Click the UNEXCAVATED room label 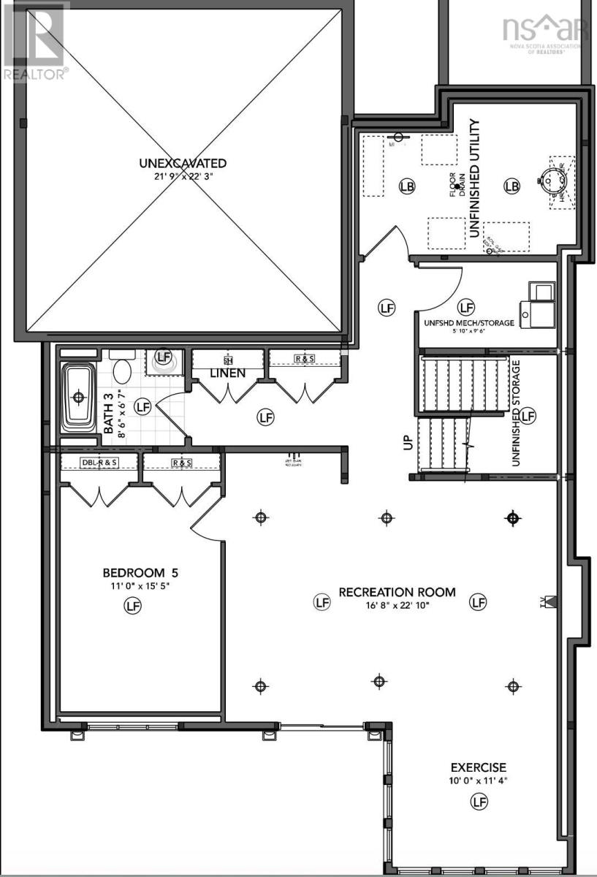183,163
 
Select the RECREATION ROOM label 397,591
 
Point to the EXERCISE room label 478,767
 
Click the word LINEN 227,373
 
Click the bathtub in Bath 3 78,398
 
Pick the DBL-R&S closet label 99,463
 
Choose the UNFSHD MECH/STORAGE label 468,322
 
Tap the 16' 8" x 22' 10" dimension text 397,604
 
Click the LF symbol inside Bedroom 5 132,606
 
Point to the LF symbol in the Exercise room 479,802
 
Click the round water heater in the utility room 552,177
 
